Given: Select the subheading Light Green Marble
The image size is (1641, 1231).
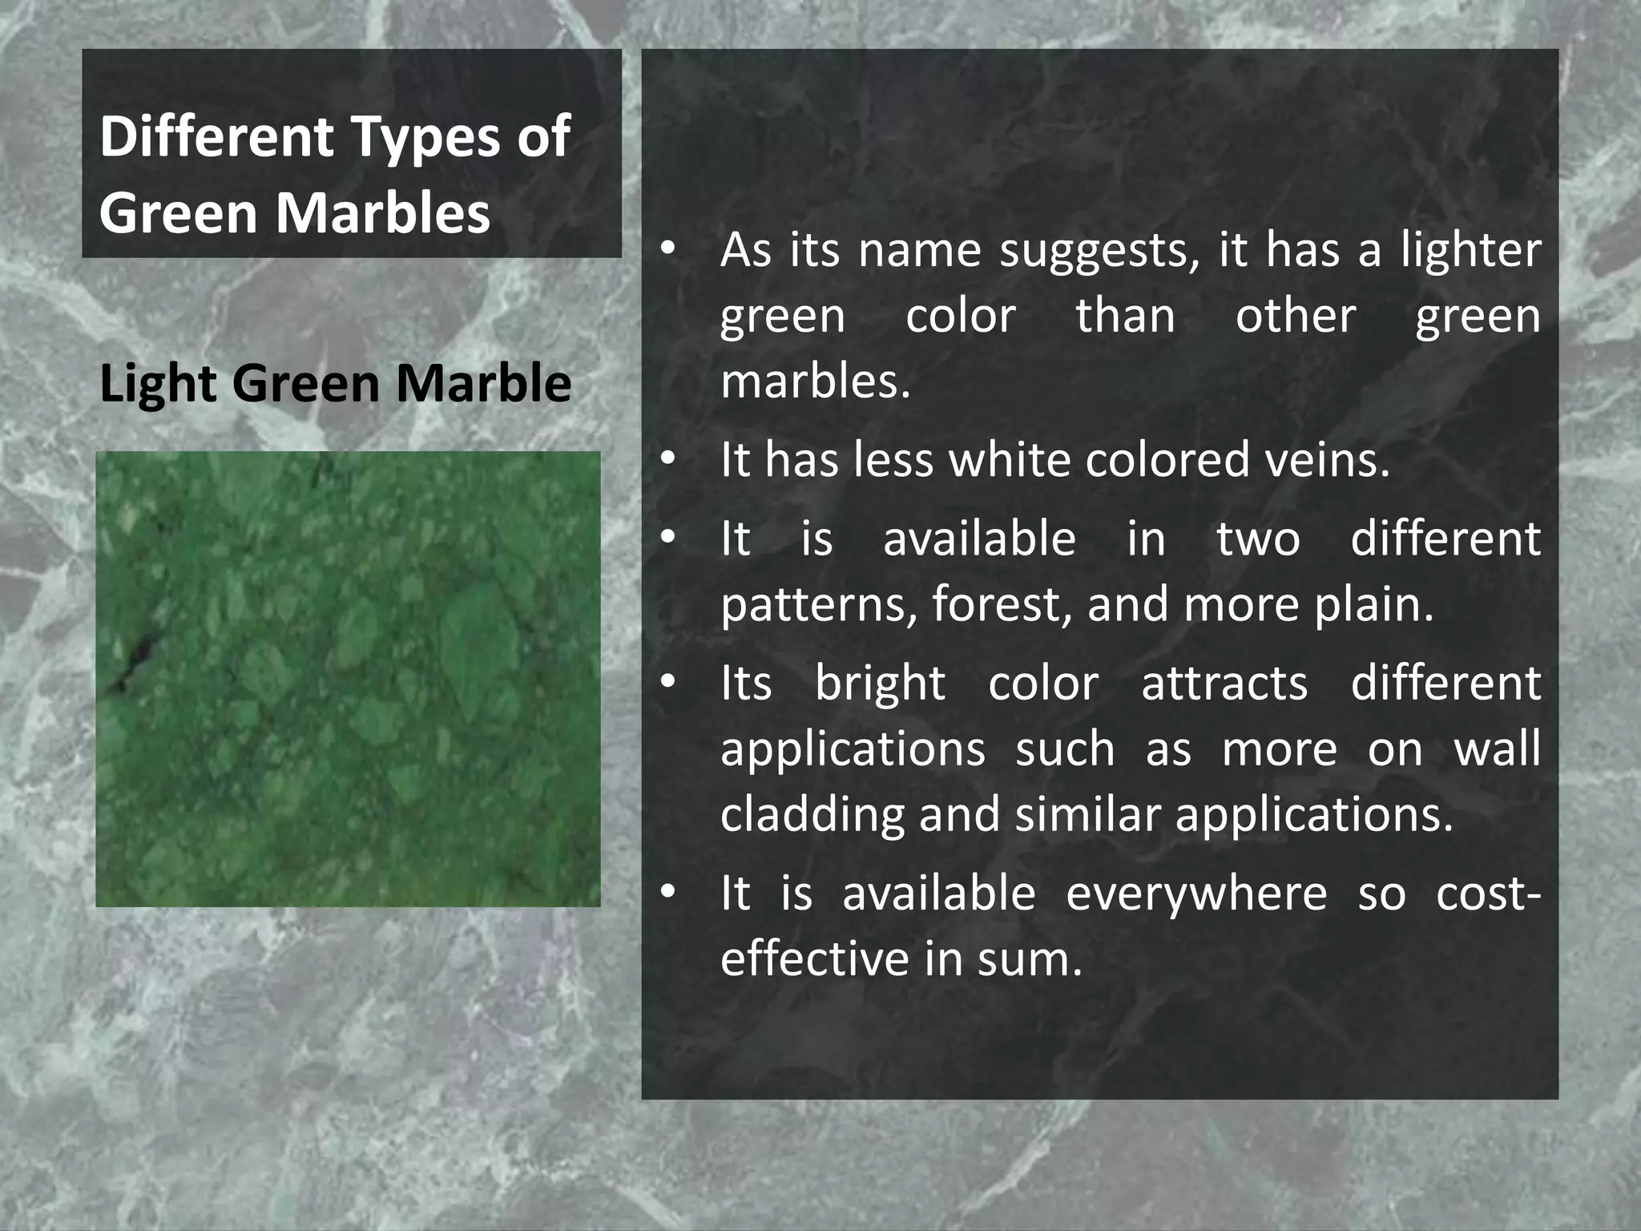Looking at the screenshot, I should pos(335,383).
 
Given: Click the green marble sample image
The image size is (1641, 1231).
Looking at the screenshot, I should pos(348,679).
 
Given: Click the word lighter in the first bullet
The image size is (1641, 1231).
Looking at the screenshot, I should pos(1470,250).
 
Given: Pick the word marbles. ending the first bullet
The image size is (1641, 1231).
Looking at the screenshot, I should pos(815,381).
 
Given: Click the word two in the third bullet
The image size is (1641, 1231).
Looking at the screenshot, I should pos(1258,539).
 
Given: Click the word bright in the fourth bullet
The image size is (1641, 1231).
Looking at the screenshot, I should pos(880,684).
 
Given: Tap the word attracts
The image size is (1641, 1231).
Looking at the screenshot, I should pos(1224,684).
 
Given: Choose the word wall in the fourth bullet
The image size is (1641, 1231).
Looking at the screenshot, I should pos(1497,749).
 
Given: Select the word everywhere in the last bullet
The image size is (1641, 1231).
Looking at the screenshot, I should pos(1196,894).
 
